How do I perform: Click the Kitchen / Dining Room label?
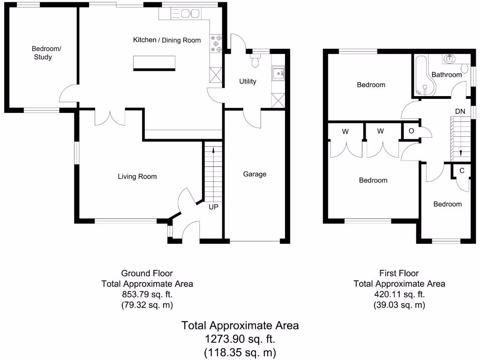pyautogui.click(x=167, y=40)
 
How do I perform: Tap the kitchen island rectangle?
pyautogui.click(x=155, y=63)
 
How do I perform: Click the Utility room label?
pyautogui.click(x=247, y=82)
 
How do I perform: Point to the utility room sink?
pyautogui.click(x=277, y=73)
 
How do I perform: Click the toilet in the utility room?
pyautogui.click(x=256, y=60)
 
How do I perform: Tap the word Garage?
pyautogui.click(x=255, y=174)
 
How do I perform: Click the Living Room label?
pyautogui.click(x=137, y=177)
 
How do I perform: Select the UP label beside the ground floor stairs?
pyautogui.click(x=213, y=206)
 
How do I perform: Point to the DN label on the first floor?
pyautogui.click(x=460, y=112)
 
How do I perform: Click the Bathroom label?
pyautogui.click(x=447, y=75)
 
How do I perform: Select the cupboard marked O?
pyautogui.click(x=411, y=131)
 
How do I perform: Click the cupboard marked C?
pyautogui.click(x=462, y=171)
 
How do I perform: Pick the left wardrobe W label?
pyautogui.click(x=345, y=132)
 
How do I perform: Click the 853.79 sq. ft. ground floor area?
pyautogui.click(x=147, y=294)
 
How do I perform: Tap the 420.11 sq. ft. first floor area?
pyautogui.click(x=399, y=294)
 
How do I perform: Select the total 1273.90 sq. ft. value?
pyautogui.click(x=240, y=339)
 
